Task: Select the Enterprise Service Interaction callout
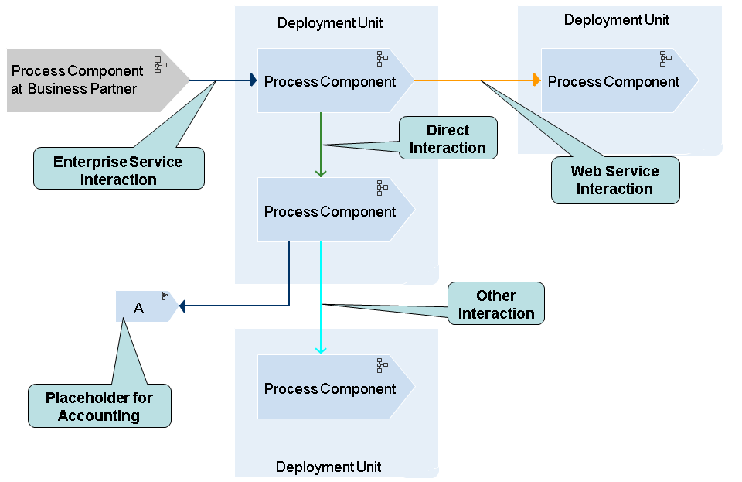click(118, 170)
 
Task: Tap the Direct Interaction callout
click(448, 139)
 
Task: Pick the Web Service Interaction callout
click(615, 180)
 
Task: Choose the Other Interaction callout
click(496, 304)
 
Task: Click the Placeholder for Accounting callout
click(99, 406)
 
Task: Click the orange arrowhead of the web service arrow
click(536, 80)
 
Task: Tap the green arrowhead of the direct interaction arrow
click(321, 172)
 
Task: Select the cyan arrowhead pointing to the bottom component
click(321, 350)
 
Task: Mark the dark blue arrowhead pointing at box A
click(183, 306)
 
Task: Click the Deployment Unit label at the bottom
click(328, 467)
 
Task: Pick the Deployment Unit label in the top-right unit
click(617, 20)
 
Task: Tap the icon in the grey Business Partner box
click(160, 64)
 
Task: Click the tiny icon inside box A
click(165, 296)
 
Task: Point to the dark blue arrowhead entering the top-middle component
click(253, 80)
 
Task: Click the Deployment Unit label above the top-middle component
click(330, 23)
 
